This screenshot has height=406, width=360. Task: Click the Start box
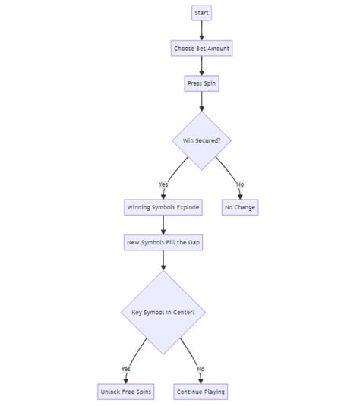(x=201, y=13)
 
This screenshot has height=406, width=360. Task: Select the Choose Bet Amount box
(x=201, y=48)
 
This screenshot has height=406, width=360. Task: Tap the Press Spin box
(x=201, y=83)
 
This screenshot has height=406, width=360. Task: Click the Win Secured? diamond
(x=201, y=140)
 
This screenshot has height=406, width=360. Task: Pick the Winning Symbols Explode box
(x=163, y=207)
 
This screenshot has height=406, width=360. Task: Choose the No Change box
(x=240, y=207)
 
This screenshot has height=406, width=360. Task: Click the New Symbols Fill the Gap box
(x=163, y=242)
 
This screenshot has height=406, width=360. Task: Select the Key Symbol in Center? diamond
(x=163, y=312)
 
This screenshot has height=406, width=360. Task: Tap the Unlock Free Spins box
(x=126, y=392)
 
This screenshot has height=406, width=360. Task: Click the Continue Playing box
(x=201, y=392)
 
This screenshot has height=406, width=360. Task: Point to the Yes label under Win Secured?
(x=163, y=184)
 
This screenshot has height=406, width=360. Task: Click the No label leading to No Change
(x=240, y=184)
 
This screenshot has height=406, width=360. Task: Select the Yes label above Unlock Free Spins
(x=126, y=369)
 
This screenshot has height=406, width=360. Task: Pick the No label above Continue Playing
(x=201, y=369)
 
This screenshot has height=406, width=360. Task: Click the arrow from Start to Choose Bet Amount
(x=201, y=30)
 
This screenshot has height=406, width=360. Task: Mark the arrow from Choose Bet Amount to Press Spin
(x=201, y=66)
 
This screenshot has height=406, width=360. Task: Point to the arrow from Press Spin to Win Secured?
(x=201, y=101)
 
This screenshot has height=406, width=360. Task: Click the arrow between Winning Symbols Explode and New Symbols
(x=163, y=225)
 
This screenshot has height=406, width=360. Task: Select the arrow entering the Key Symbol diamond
(x=163, y=260)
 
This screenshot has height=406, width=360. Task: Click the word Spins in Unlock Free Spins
(x=144, y=392)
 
